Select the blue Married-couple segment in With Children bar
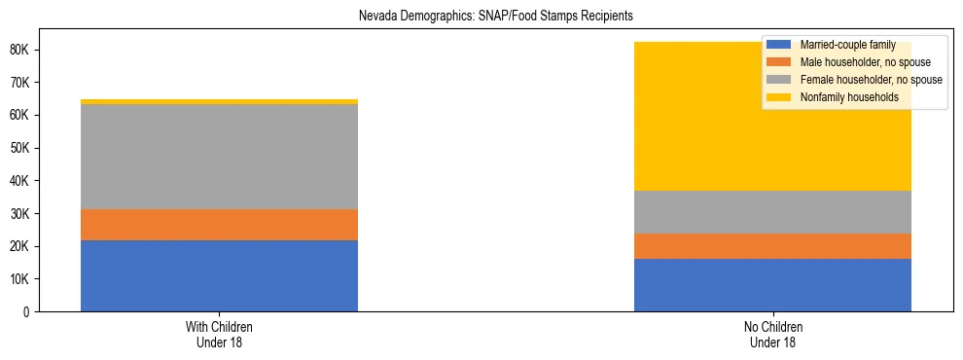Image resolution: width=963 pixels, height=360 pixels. (219, 275)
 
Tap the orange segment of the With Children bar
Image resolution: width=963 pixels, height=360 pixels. (219, 225)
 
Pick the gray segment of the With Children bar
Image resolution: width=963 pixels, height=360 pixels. (219, 157)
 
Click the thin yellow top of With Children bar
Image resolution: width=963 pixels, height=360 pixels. (219, 101)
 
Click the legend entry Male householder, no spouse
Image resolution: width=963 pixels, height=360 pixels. (851, 62)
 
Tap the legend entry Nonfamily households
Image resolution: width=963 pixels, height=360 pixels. (841, 97)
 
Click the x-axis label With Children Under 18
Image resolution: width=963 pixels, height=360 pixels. (219, 334)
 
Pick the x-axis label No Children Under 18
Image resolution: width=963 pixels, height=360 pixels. (773, 334)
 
